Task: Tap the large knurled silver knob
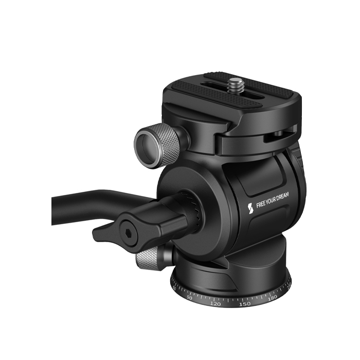[157, 145]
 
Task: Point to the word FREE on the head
[261, 204]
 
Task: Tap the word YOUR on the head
[272, 201]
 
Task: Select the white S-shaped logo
[250, 208]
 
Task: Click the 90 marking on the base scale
[189, 298]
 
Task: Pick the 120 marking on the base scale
[215, 304]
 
